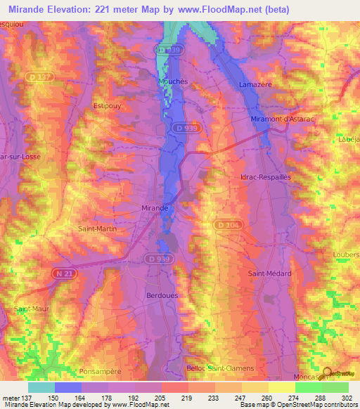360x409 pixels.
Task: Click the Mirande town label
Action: pyautogui.click(x=155, y=208)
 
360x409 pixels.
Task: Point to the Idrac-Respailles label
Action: pyautogui.click(x=265, y=177)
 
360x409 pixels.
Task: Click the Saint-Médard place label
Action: pyautogui.click(x=270, y=273)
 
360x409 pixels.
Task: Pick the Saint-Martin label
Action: pyautogui.click(x=97, y=229)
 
